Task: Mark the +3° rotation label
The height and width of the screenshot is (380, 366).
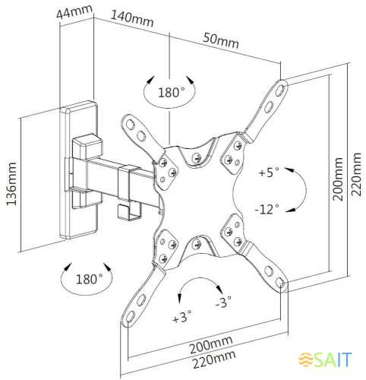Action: coord(182,316)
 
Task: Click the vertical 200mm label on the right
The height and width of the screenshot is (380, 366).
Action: coord(339,179)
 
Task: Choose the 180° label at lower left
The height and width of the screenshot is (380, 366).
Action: coord(89,278)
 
